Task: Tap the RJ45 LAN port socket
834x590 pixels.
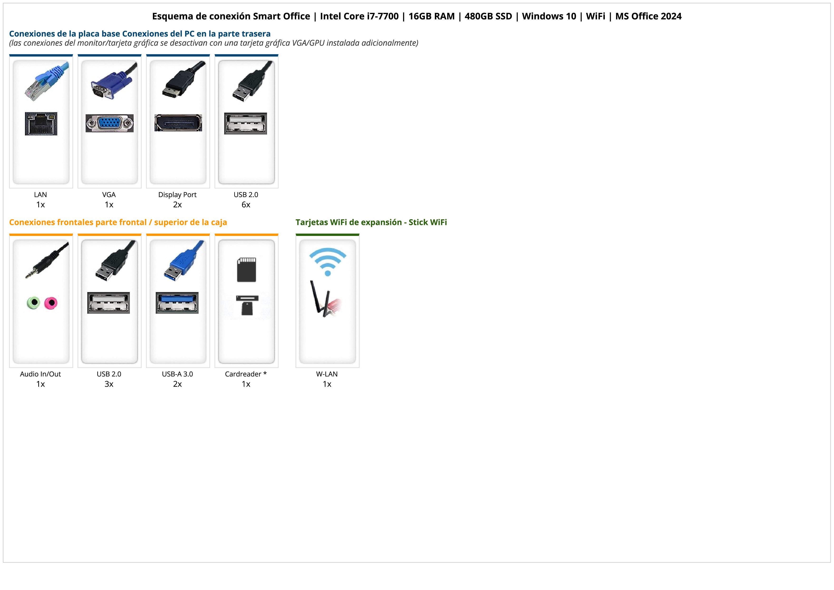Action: [41, 124]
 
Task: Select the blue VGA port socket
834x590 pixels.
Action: [109, 124]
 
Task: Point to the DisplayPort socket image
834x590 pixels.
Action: [178, 123]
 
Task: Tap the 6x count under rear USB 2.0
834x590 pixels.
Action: [246, 205]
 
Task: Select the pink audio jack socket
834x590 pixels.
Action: [51, 302]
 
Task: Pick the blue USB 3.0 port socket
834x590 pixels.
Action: [177, 303]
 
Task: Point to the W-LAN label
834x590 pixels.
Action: [327, 374]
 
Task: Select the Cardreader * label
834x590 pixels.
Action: [246, 374]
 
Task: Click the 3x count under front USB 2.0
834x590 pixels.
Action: [109, 384]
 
